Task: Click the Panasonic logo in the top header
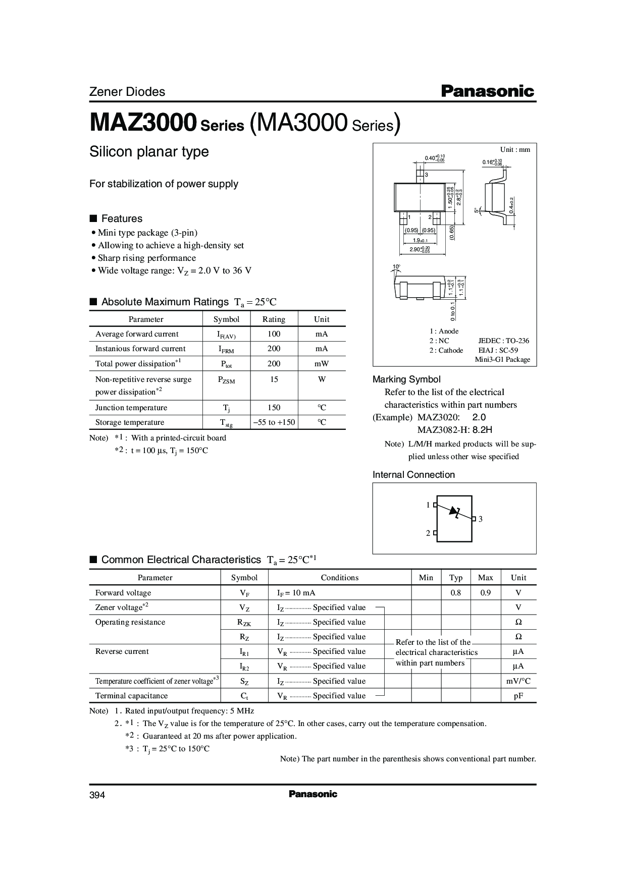pos(487,91)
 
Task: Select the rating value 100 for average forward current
pos(274,334)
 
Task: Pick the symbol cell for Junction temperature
pos(226,408)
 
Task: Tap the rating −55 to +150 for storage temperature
pos(274,422)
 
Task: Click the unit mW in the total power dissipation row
pos(322,364)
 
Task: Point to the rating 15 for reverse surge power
pos(274,379)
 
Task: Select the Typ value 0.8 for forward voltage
pos(456,593)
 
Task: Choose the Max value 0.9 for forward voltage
pos(485,593)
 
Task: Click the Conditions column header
pos(339,578)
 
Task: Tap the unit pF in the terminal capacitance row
pos(518,696)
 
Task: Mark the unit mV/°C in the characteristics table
pos(518,681)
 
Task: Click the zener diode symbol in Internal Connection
pos(456,512)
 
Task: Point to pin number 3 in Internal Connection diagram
pos(481,519)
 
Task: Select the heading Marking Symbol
pos(406,379)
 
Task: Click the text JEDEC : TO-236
pos(503,341)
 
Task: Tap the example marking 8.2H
pos(482,430)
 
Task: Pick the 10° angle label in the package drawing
pos(396,266)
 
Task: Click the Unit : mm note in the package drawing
pos(515,149)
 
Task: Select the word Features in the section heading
pos(122,218)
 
